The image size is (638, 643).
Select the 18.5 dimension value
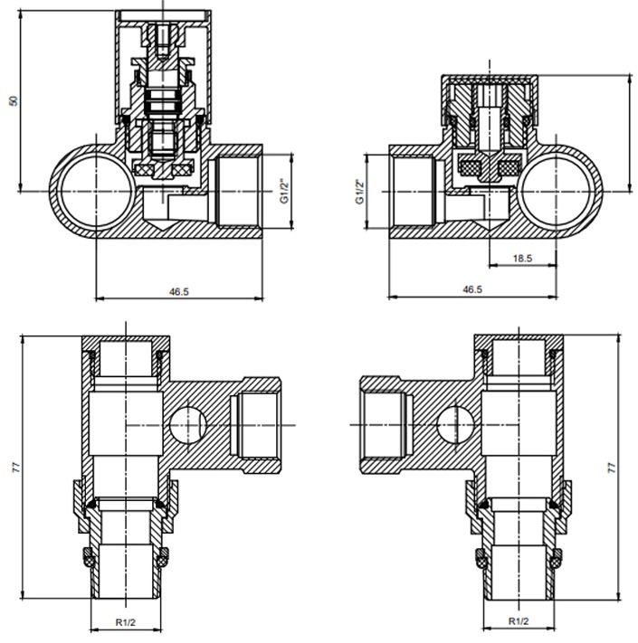pyautogui.click(x=522, y=259)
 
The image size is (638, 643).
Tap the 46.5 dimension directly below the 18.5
pyautogui.click(x=471, y=289)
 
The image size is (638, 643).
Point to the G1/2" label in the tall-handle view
pyautogui.click(x=283, y=191)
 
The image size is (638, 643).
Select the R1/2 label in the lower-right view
pyautogui.click(x=519, y=622)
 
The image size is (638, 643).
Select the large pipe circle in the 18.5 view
pyautogui.click(x=559, y=191)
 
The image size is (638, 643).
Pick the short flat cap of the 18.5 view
pyautogui.click(x=490, y=90)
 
